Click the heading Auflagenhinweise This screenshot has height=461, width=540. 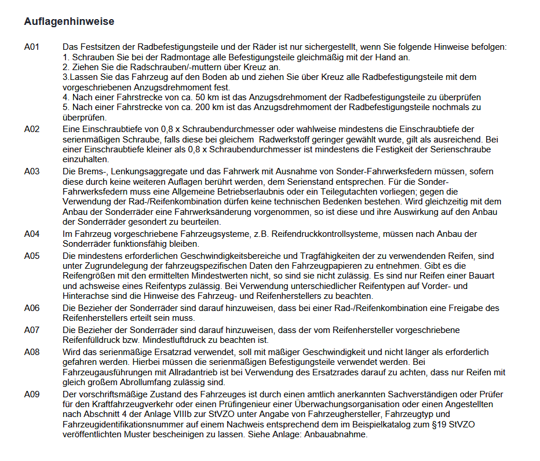69,22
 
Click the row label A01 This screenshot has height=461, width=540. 32,46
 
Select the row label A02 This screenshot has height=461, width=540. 32,129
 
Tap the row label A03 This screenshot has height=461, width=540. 32,171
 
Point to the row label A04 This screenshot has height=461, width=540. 32,234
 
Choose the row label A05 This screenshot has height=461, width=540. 32,255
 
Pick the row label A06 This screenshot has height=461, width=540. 32,308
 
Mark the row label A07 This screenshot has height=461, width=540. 32,330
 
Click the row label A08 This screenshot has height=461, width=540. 32,352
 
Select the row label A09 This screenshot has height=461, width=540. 32,394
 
